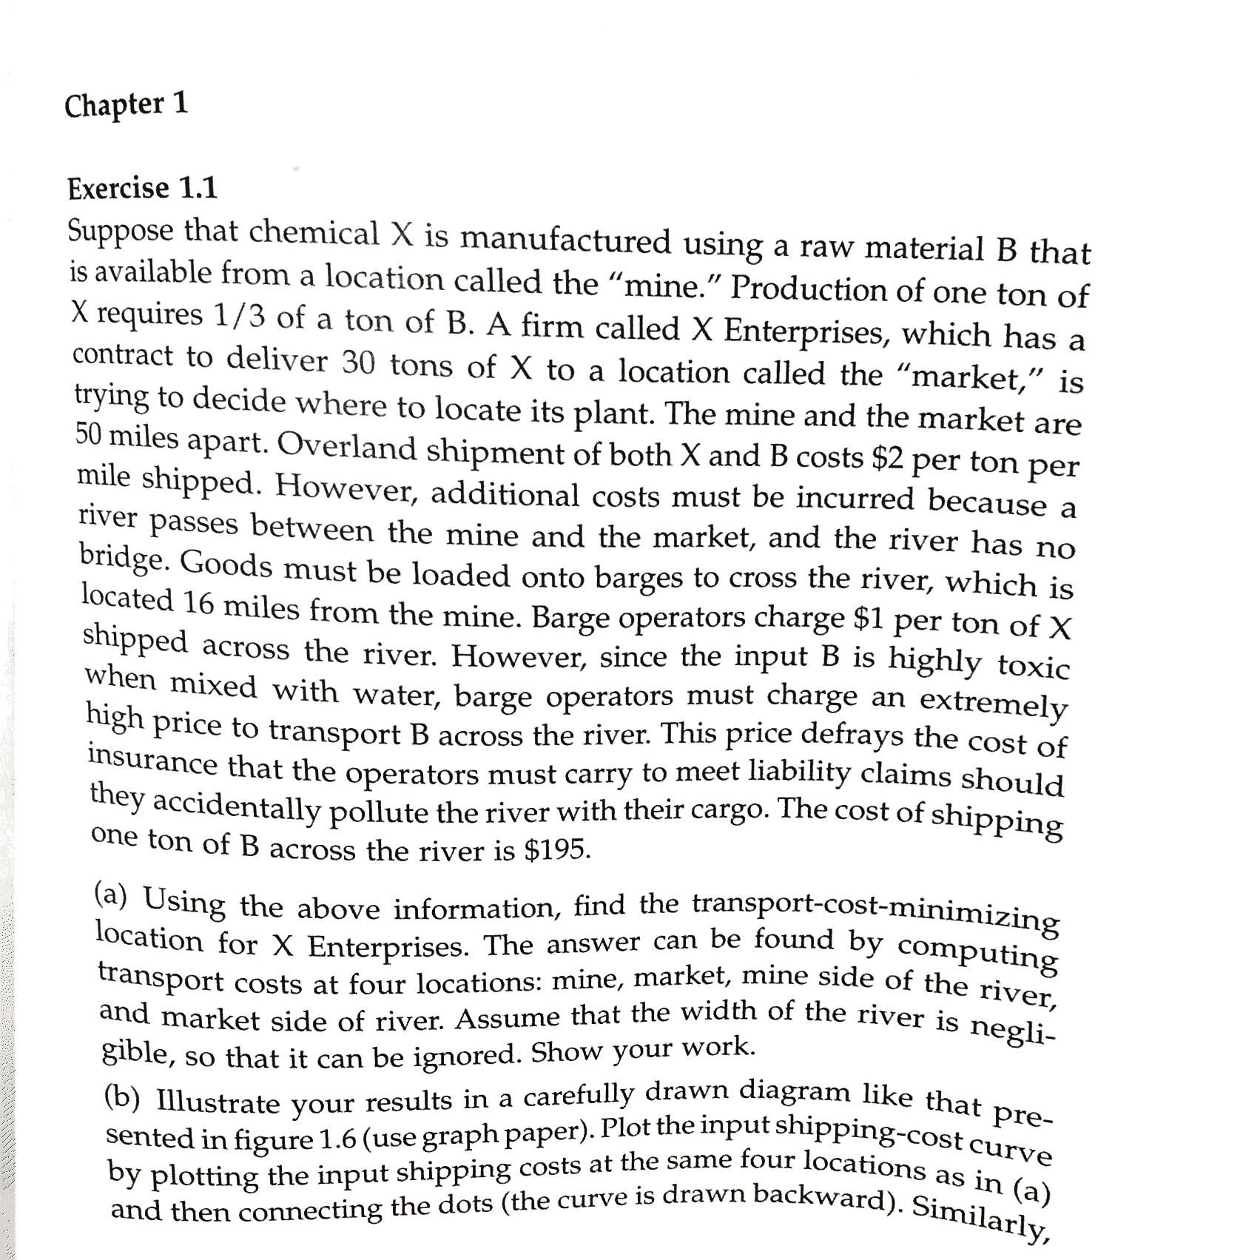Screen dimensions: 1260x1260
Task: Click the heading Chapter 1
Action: coord(127,104)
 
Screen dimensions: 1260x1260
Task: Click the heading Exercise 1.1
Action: coord(143,189)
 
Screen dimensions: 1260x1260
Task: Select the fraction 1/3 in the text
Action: coord(239,317)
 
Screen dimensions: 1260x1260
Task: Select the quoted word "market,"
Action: coord(969,377)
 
